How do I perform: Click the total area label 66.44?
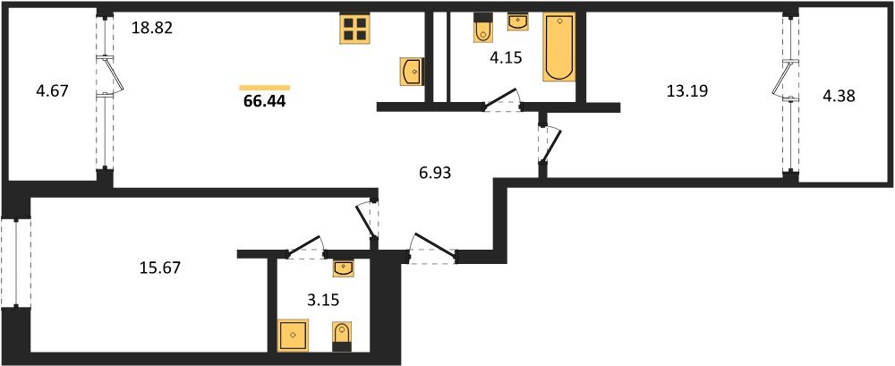pos(264,102)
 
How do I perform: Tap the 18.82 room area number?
pos(152,29)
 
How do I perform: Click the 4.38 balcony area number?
pos(838,97)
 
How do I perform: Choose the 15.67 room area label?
pos(160,268)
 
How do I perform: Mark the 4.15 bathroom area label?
pos(506,58)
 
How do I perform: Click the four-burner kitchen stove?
pos(354,28)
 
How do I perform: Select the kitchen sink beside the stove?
pos(412,71)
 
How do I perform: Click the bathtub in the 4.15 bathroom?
pos(558,47)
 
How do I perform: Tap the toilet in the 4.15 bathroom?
pos(483,28)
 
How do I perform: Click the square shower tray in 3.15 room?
pos(293,335)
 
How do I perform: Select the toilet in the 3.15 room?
pos(341,336)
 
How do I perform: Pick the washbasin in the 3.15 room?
pos(344,268)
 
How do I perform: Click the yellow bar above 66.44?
pos(264,88)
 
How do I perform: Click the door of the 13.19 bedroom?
pos(550,146)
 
